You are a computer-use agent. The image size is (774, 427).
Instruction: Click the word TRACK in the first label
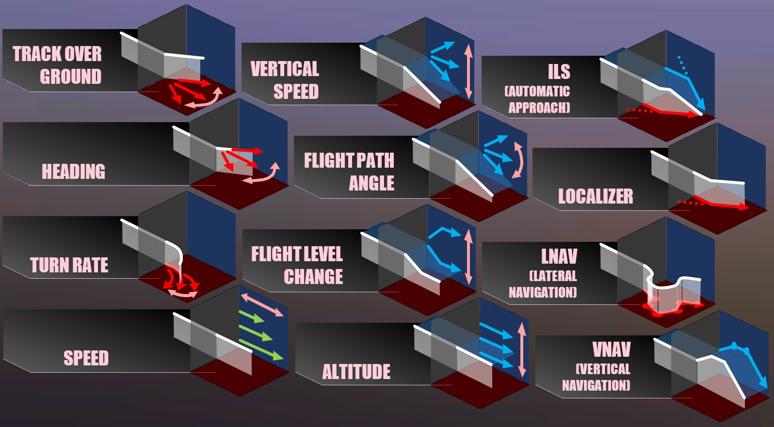[37, 54]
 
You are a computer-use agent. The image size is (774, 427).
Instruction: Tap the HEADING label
[73, 172]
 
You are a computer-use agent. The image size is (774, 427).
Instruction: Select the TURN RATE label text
[69, 265]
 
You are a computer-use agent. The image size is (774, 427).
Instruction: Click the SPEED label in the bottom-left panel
[86, 358]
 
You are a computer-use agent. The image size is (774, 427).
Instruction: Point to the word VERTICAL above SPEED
[285, 69]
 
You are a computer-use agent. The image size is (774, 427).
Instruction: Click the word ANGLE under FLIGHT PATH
[371, 183]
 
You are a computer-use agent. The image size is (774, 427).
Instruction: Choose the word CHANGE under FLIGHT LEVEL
[313, 277]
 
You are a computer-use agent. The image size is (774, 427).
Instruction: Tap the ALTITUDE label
[356, 372]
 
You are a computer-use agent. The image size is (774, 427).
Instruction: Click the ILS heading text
[559, 72]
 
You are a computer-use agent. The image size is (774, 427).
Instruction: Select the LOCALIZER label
[596, 196]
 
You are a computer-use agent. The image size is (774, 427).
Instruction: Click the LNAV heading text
[559, 256]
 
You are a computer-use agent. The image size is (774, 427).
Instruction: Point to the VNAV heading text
[612, 349]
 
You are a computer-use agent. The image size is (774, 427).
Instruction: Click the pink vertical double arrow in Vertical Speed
[468, 71]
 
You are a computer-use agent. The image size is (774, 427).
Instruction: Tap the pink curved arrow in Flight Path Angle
[519, 160]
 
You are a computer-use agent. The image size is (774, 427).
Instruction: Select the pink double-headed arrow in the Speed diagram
[261, 304]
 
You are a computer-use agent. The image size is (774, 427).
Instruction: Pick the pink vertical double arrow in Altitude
[522, 350]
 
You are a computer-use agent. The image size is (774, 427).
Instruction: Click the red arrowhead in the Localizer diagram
[743, 207]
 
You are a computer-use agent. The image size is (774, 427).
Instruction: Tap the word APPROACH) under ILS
[539, 107]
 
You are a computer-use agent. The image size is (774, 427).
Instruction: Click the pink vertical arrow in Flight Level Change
[468, 257]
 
